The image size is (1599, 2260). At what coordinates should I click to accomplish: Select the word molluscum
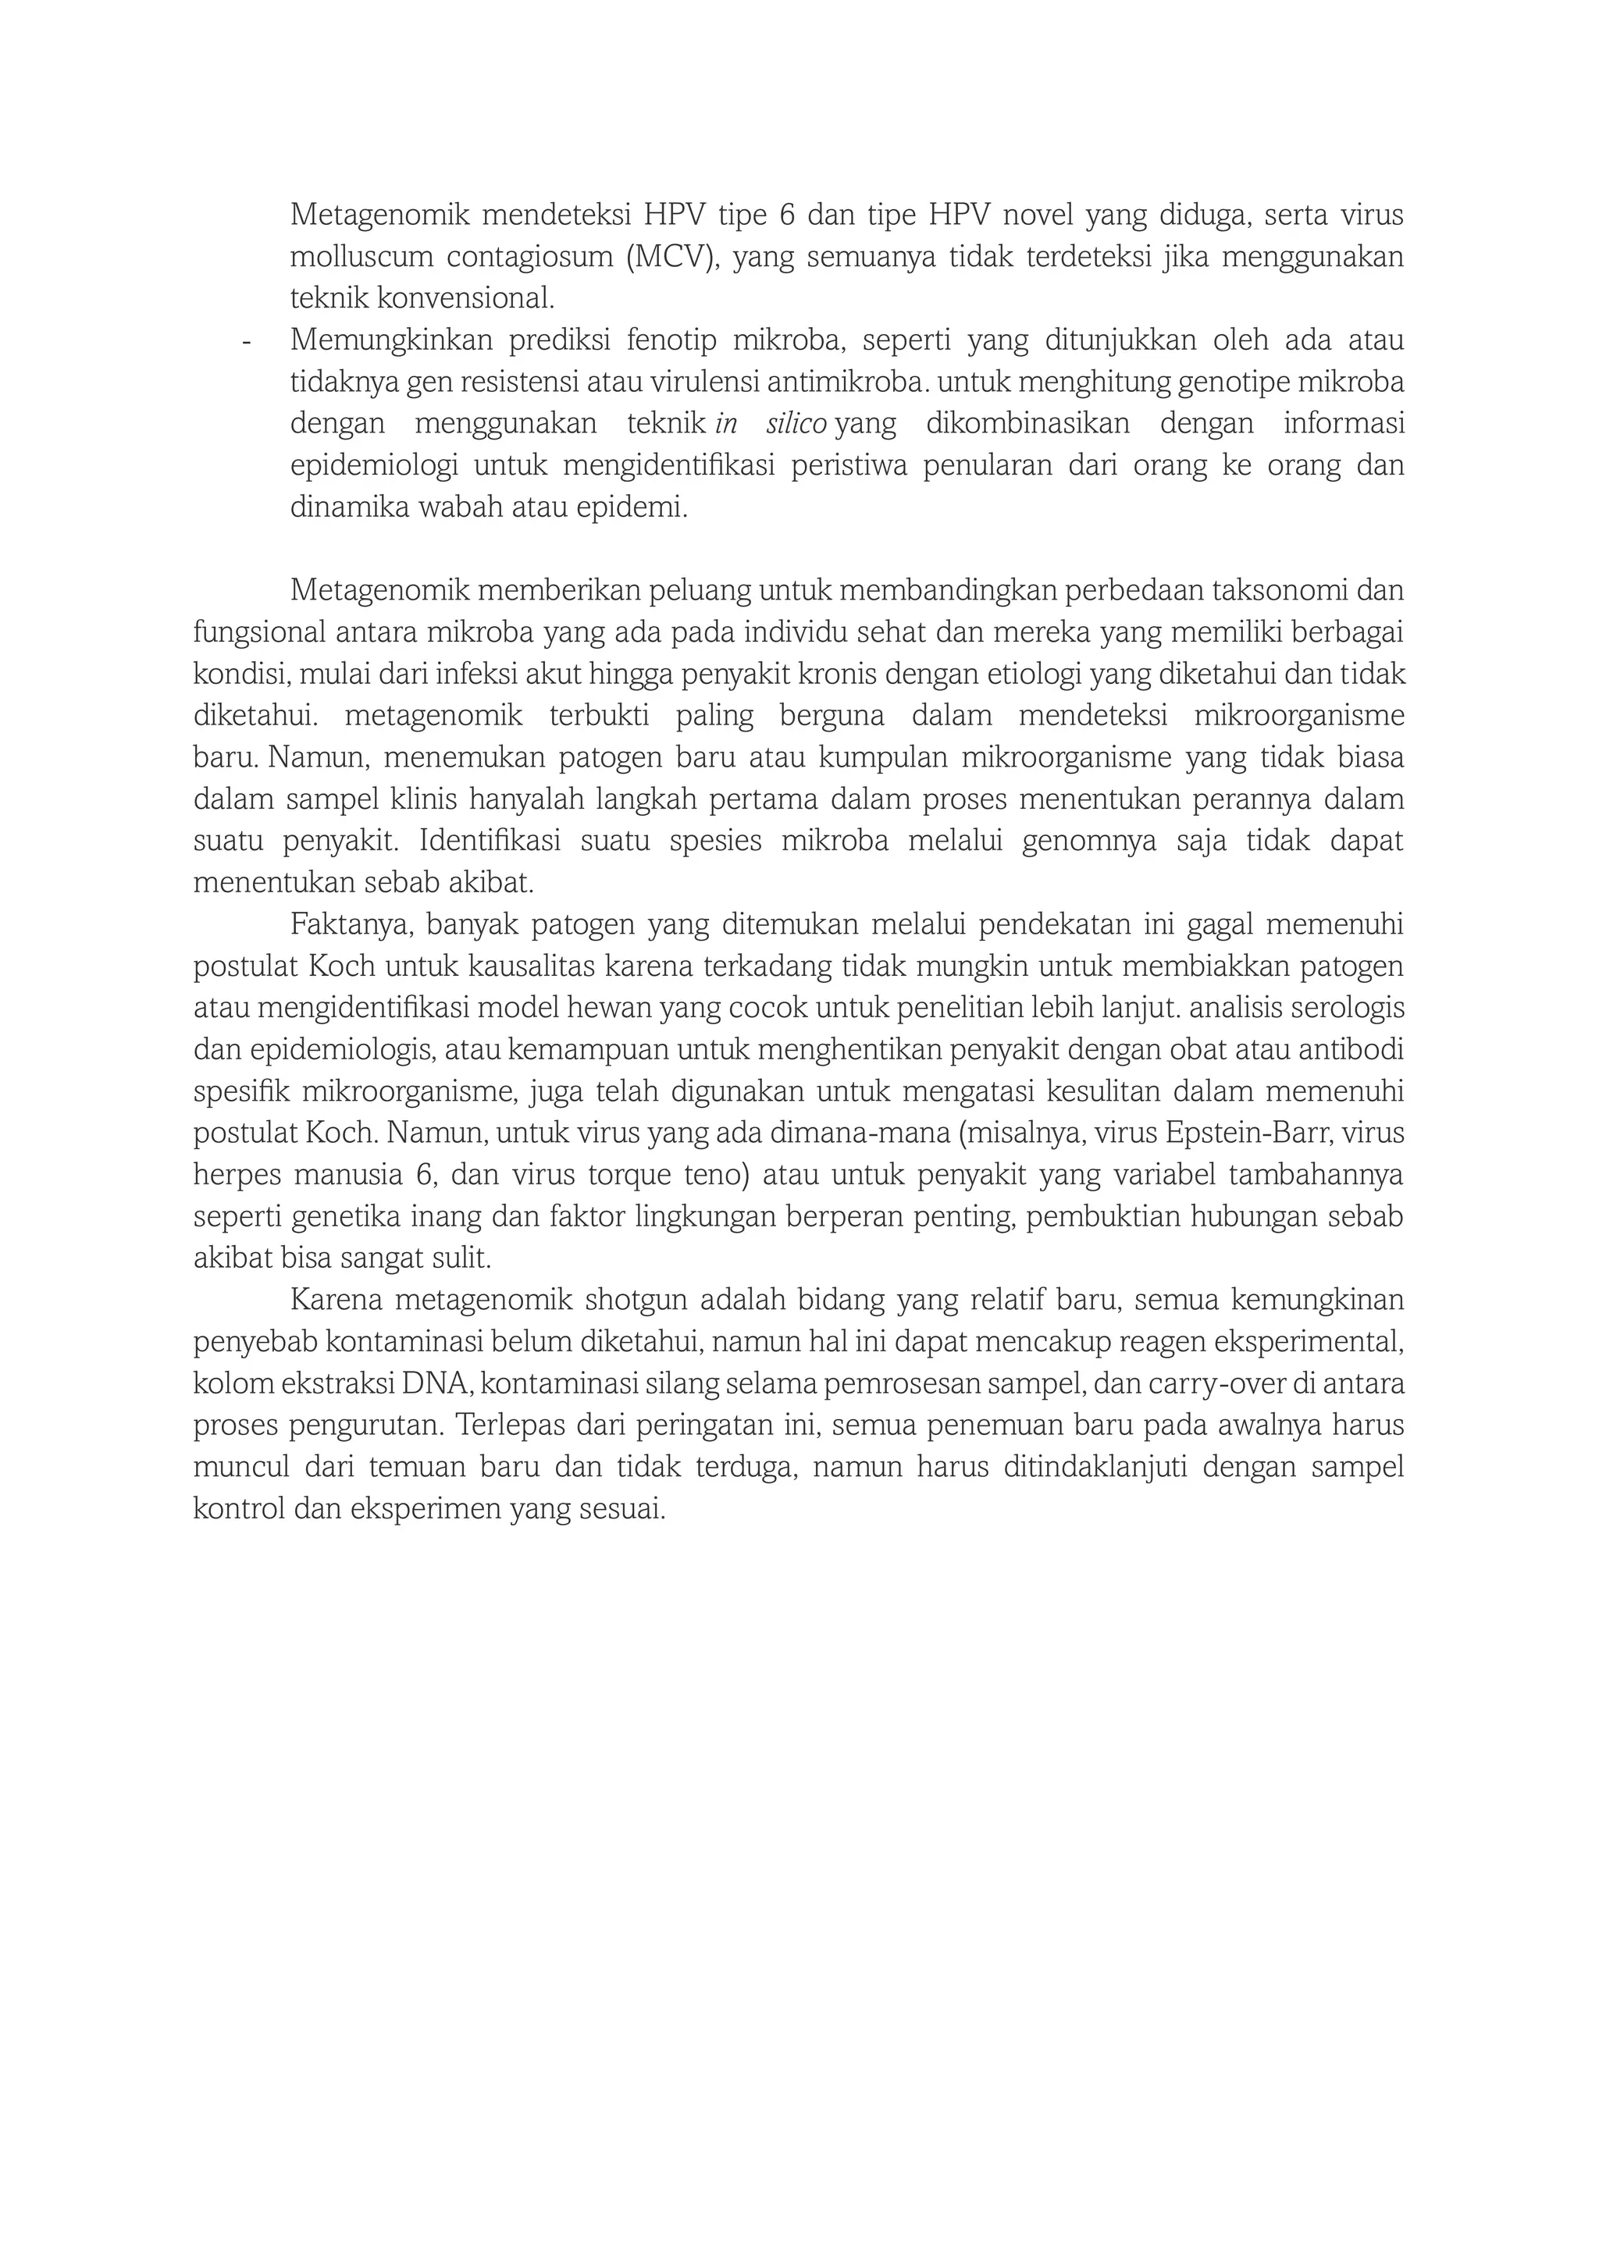coord(355,257)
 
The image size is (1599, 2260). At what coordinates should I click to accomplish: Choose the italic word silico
coord(796,424)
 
